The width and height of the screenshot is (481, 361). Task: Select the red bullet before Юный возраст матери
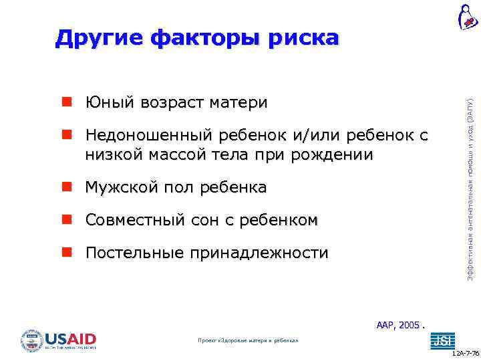coord(67,102)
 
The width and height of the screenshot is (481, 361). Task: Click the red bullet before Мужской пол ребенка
coord(67,187)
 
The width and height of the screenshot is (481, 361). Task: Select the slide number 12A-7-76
coord(465,352)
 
